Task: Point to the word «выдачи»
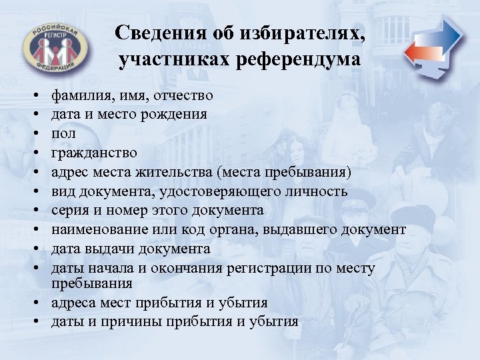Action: click(x=102, y=249)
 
